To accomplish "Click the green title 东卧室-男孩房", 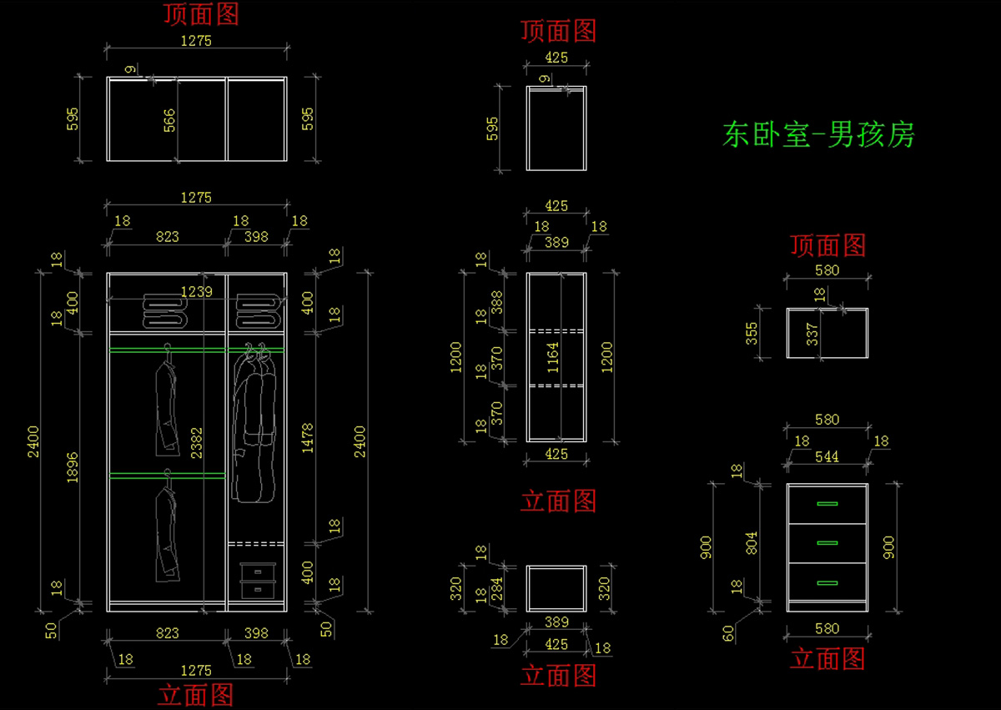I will pos(818,134).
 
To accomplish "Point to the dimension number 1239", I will pos(199,291).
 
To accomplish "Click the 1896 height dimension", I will pos(73,467).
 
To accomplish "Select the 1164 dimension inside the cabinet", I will pos(554,357).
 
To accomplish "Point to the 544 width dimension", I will pos(827,456).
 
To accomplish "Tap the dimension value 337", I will pos(812,334).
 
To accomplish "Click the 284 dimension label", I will pos(497,588).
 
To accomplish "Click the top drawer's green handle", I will pos(827,504).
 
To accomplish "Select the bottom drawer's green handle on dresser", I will pos(827,582).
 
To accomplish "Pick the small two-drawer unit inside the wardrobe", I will pos(258,581).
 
